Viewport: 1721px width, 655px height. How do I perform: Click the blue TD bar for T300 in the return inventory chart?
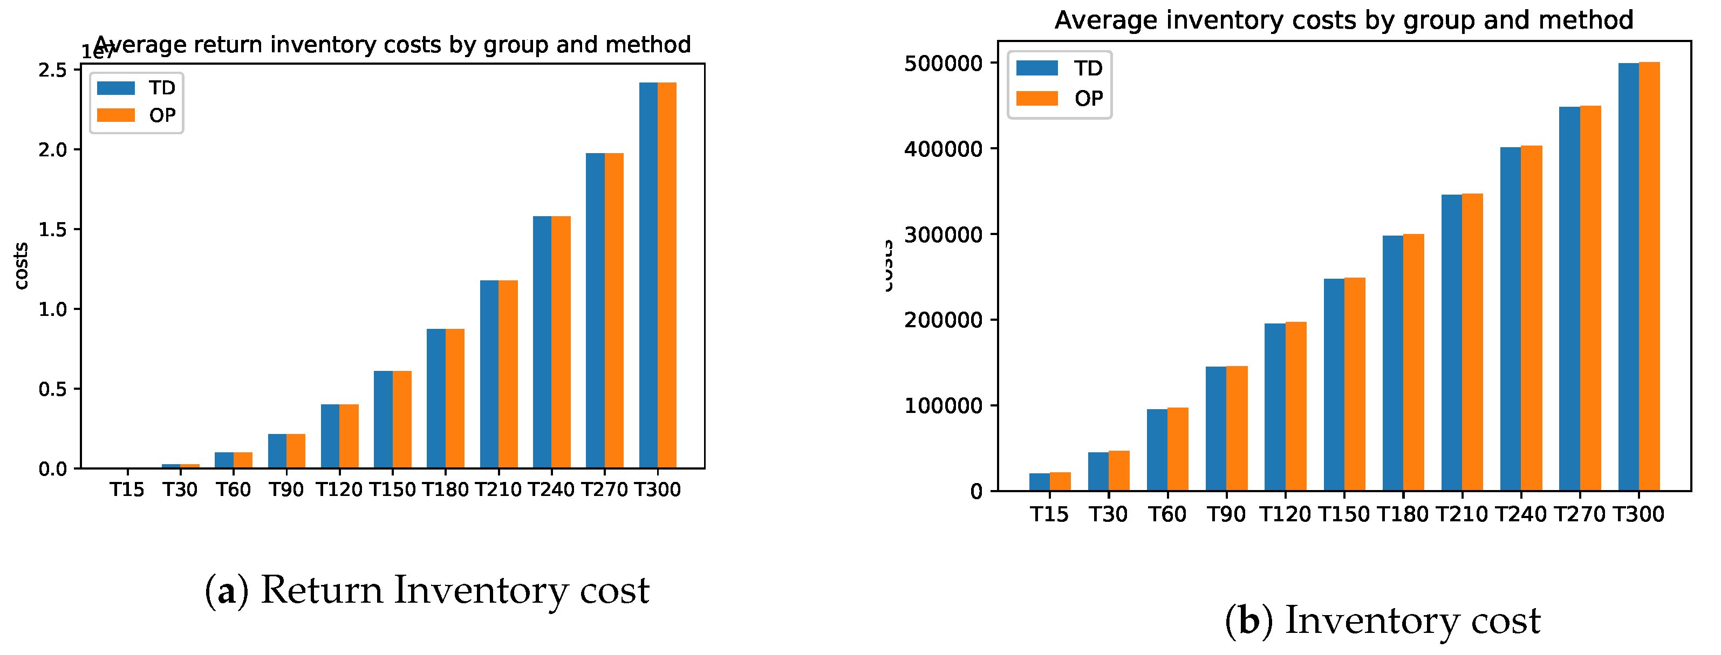point(648,275)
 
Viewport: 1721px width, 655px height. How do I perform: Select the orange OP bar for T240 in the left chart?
point(561,342)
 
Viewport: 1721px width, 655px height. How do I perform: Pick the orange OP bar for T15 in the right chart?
point(1060,481)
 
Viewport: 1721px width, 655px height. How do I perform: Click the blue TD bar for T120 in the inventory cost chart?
point(1275,408)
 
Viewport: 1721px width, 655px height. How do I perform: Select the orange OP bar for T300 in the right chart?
point(1649,277)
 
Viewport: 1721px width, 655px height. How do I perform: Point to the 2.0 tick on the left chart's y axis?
point(53,149)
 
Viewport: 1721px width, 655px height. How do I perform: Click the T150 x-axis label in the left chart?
point(392,489)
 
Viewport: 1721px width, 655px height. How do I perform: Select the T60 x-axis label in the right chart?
point(1167,514)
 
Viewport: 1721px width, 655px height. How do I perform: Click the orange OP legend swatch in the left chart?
point(115,115)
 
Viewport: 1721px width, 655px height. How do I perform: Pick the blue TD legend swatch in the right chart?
point(1037,67)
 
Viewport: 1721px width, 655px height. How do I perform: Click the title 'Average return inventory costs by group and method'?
point(392,45)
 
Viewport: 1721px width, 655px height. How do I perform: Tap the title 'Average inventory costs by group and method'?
point(1343,20)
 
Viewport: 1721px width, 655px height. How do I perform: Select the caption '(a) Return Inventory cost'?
point(426,590)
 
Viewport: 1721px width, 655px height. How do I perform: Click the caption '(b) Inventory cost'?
point(1382,620)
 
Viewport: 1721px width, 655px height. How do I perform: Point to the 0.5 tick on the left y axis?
point(53,389)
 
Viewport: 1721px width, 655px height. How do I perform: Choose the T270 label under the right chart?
point(1579,514)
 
